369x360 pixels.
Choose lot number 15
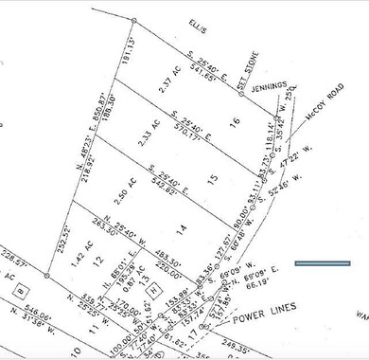pyautogui.click(x=212, y=177)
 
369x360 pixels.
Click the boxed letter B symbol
pyautogui.click(x=22, y=281)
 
